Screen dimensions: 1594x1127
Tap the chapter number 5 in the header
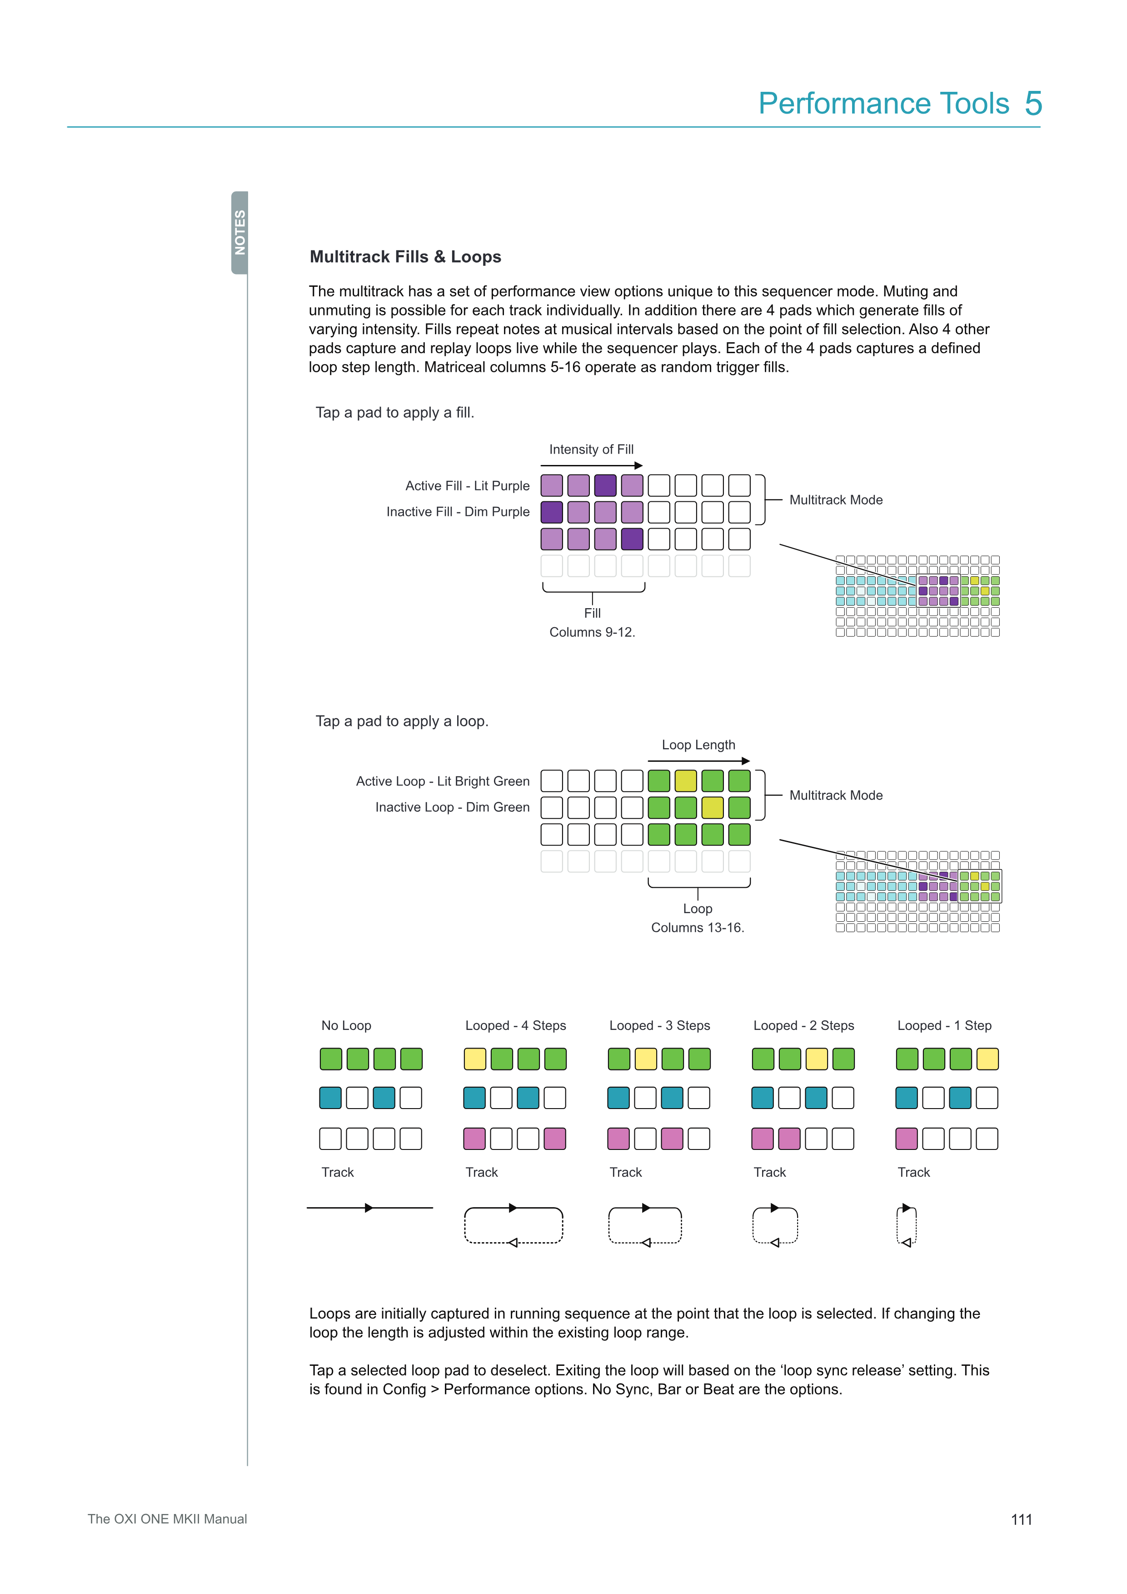click(1033, 104)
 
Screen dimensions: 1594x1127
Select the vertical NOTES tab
click(239, 233)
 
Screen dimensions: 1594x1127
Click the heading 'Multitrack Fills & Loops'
click(405, 257)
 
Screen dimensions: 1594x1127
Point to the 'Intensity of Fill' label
click(591, 449)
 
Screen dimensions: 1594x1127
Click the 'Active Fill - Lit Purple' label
click(467, 485)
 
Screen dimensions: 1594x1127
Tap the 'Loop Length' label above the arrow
click(698, 745)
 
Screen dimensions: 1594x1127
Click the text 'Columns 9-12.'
click(592, 632)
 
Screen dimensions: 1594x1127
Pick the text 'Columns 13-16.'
click(698, 928)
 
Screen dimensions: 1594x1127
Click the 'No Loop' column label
click(346, 1025)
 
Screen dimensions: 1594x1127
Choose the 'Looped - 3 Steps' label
click(659, 1025)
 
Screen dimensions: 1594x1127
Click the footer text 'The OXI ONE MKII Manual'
click(167, 1519)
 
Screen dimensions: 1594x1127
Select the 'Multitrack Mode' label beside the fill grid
click(836, 500)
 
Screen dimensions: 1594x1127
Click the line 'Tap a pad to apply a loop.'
click(402, 721)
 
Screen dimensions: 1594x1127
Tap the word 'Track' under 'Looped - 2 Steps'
click(770, 1172)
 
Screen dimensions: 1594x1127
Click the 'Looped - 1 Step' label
click(944, 1025)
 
